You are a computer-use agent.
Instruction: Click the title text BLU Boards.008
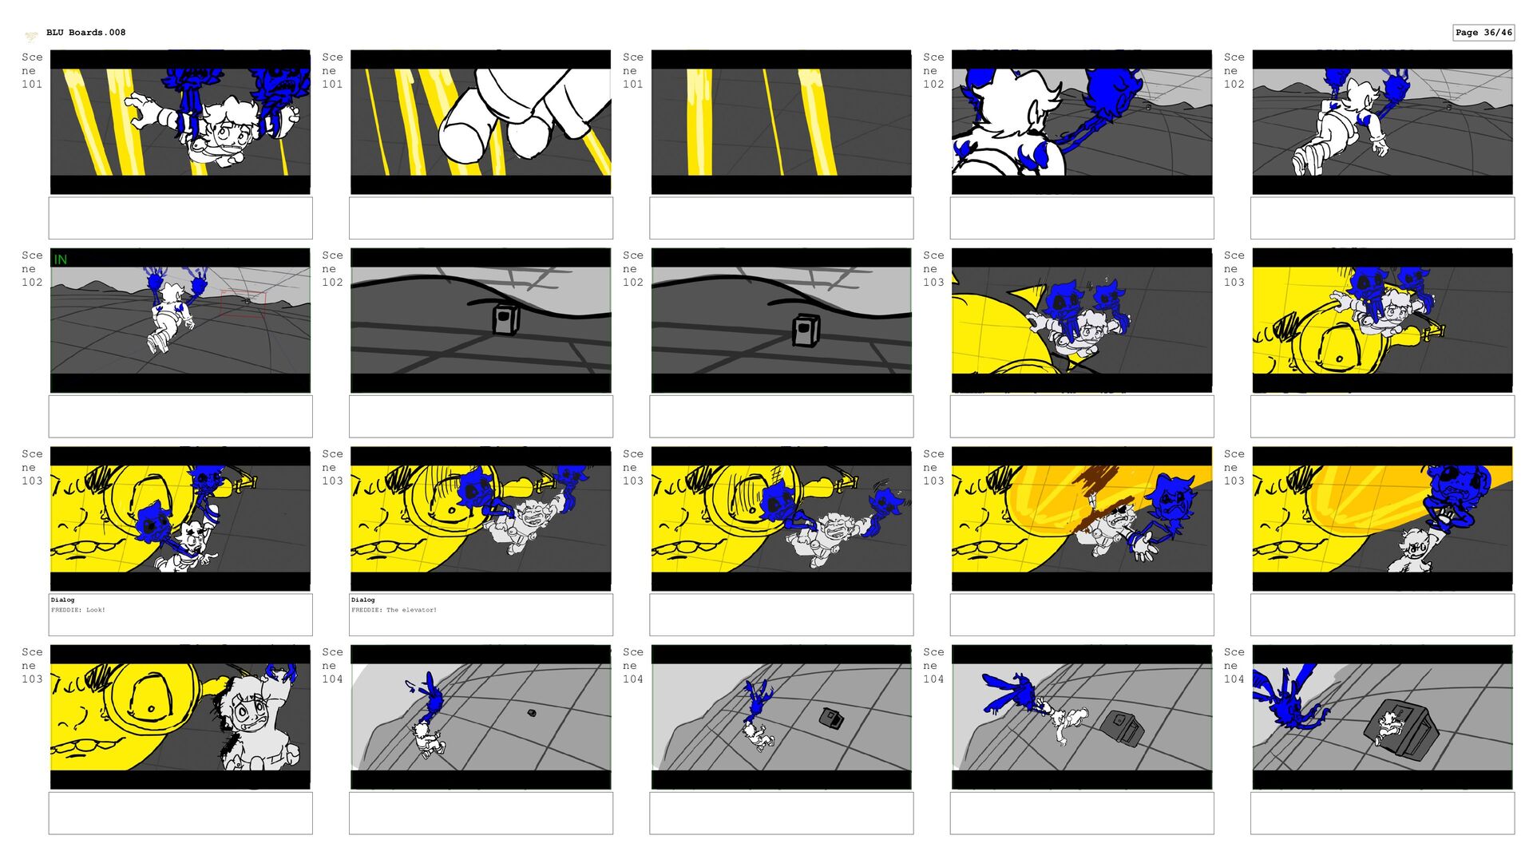tap(85, 33)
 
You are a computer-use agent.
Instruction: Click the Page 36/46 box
tap(1483, 33)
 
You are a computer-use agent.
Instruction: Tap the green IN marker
tap(61, 259)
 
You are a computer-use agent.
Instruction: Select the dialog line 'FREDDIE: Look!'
tap(78, 610)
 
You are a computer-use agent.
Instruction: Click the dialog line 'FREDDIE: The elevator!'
tap(394, 610)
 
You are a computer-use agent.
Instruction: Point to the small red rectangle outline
tap(243, 304)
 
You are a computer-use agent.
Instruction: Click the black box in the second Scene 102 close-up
tap(506, 319)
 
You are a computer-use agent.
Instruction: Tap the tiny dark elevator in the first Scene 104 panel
tap(532, 713)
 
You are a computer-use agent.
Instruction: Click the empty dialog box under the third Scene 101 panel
tap(781, 218)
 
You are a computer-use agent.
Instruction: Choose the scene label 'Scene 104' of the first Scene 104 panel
tap(332, 665)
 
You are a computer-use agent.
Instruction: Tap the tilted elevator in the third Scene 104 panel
tap(1122, 727)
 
